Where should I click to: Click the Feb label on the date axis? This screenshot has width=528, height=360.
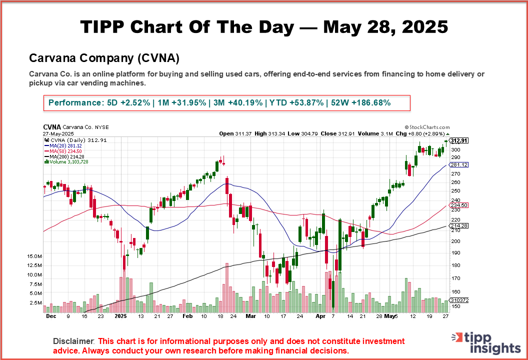pyautogui.click(x=187, y=316)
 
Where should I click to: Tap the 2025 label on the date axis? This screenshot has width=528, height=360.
pyautogui.click(x=121, y=316)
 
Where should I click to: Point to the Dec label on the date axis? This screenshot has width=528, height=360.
pyautogui.click(x=50, y=316)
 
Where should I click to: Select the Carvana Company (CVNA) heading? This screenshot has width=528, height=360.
pyautogui.click(x=104, y=58)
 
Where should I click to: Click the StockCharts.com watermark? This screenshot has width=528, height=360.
pyautogui.click(x=427, y=127)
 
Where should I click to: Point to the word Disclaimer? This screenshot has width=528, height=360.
pyautogui.click(x=73, y=341)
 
